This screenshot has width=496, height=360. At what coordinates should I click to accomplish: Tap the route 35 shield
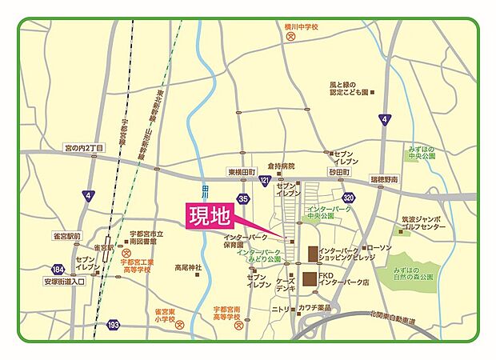pyautogui.click(x=243, y=198)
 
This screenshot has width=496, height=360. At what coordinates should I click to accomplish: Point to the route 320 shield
pyautogui.click(x=347, y=197)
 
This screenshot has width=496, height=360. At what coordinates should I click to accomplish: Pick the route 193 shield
pyautogui.click(x=114, y=325)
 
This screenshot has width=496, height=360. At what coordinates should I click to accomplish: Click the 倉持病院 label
pyautogui.click(x=282, y=166)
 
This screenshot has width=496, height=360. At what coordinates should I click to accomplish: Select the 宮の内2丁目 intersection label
pyautogui.click(x=90, y=147)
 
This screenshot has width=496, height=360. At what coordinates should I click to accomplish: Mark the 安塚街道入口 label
pyautogui.click(x=66, y=282)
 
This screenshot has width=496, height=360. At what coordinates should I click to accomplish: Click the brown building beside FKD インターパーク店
pyautogui.click(x=309, y=281)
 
